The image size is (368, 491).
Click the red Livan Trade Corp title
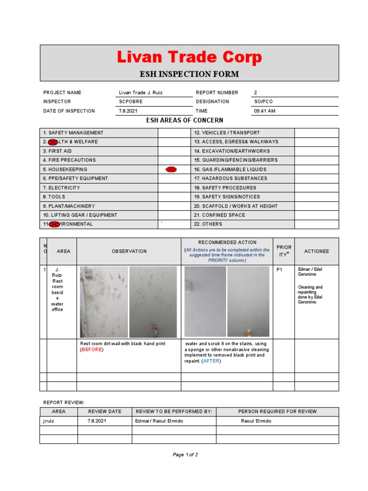[189, 58]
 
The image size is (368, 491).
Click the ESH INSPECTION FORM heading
[189, 74]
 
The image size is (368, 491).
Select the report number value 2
[255, 93]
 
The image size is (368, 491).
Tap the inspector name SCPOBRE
[131, 102]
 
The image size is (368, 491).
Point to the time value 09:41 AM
[264, 111]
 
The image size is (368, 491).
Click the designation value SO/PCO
[263, 102]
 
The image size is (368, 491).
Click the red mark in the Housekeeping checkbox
[171, 169]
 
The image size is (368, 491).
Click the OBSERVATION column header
[129, 251]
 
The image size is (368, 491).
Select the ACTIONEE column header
[316, 251]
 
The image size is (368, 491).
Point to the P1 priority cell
[280, 270]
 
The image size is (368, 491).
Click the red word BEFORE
[92, 350]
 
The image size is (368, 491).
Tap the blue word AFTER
[211, 361]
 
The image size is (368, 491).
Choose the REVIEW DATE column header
[104, 411]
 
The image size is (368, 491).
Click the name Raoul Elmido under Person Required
[256, 421]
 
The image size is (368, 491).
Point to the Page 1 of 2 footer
[185, 455]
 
